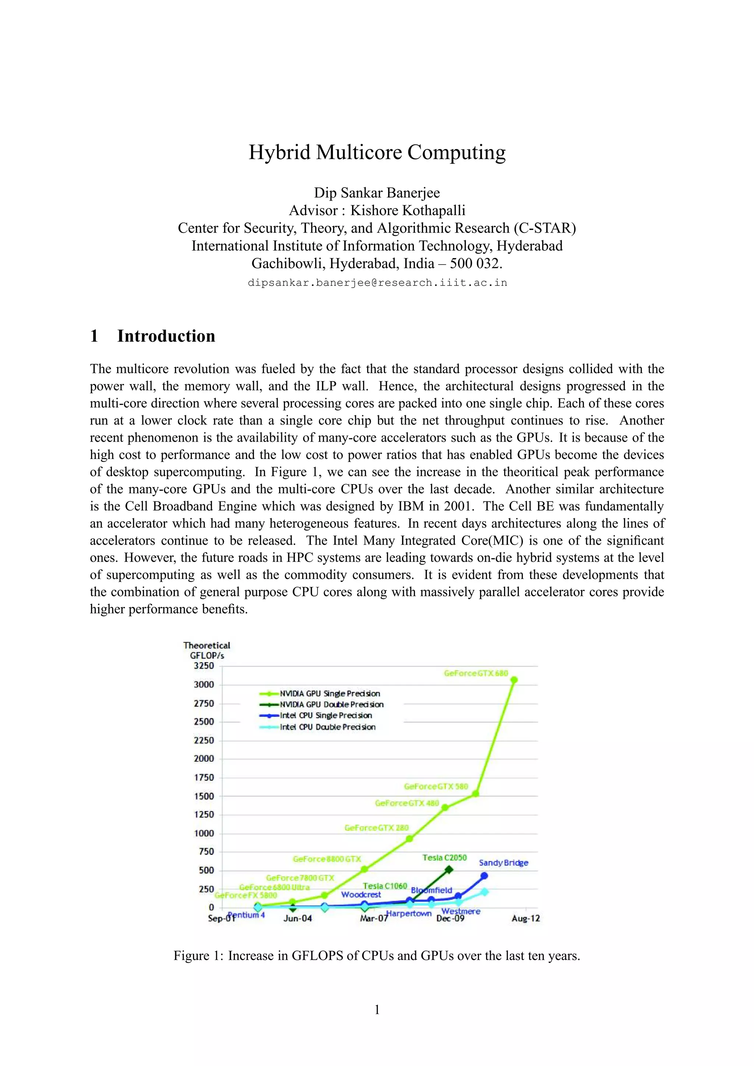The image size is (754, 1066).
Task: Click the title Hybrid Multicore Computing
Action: pos(377,152)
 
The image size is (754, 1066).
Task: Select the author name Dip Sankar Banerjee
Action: pos(377,193)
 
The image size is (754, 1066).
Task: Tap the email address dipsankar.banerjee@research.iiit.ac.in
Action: pos(377,283)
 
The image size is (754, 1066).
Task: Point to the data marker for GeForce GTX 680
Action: pos(514,680)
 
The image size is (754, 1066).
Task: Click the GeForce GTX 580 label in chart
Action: pos(436,786)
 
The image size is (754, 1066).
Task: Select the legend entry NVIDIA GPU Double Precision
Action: pos(331,704)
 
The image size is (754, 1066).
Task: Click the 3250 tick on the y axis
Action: pos(204,666)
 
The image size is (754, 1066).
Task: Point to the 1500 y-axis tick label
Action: pos(204,796)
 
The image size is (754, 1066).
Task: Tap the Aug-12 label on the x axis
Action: pos(525,918)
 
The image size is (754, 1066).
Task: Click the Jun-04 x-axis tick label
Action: pos(297,918)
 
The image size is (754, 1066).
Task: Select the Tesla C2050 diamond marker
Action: pos(449,870)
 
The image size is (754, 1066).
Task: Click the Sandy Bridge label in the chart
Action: pos(504,863)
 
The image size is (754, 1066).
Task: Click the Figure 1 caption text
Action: pos(377,956)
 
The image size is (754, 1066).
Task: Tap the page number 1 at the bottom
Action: pos(377,1009)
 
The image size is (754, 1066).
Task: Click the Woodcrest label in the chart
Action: pos(361,894)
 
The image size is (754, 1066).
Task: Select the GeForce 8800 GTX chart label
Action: pos(327,859)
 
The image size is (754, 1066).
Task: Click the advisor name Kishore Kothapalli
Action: pos(408,210)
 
